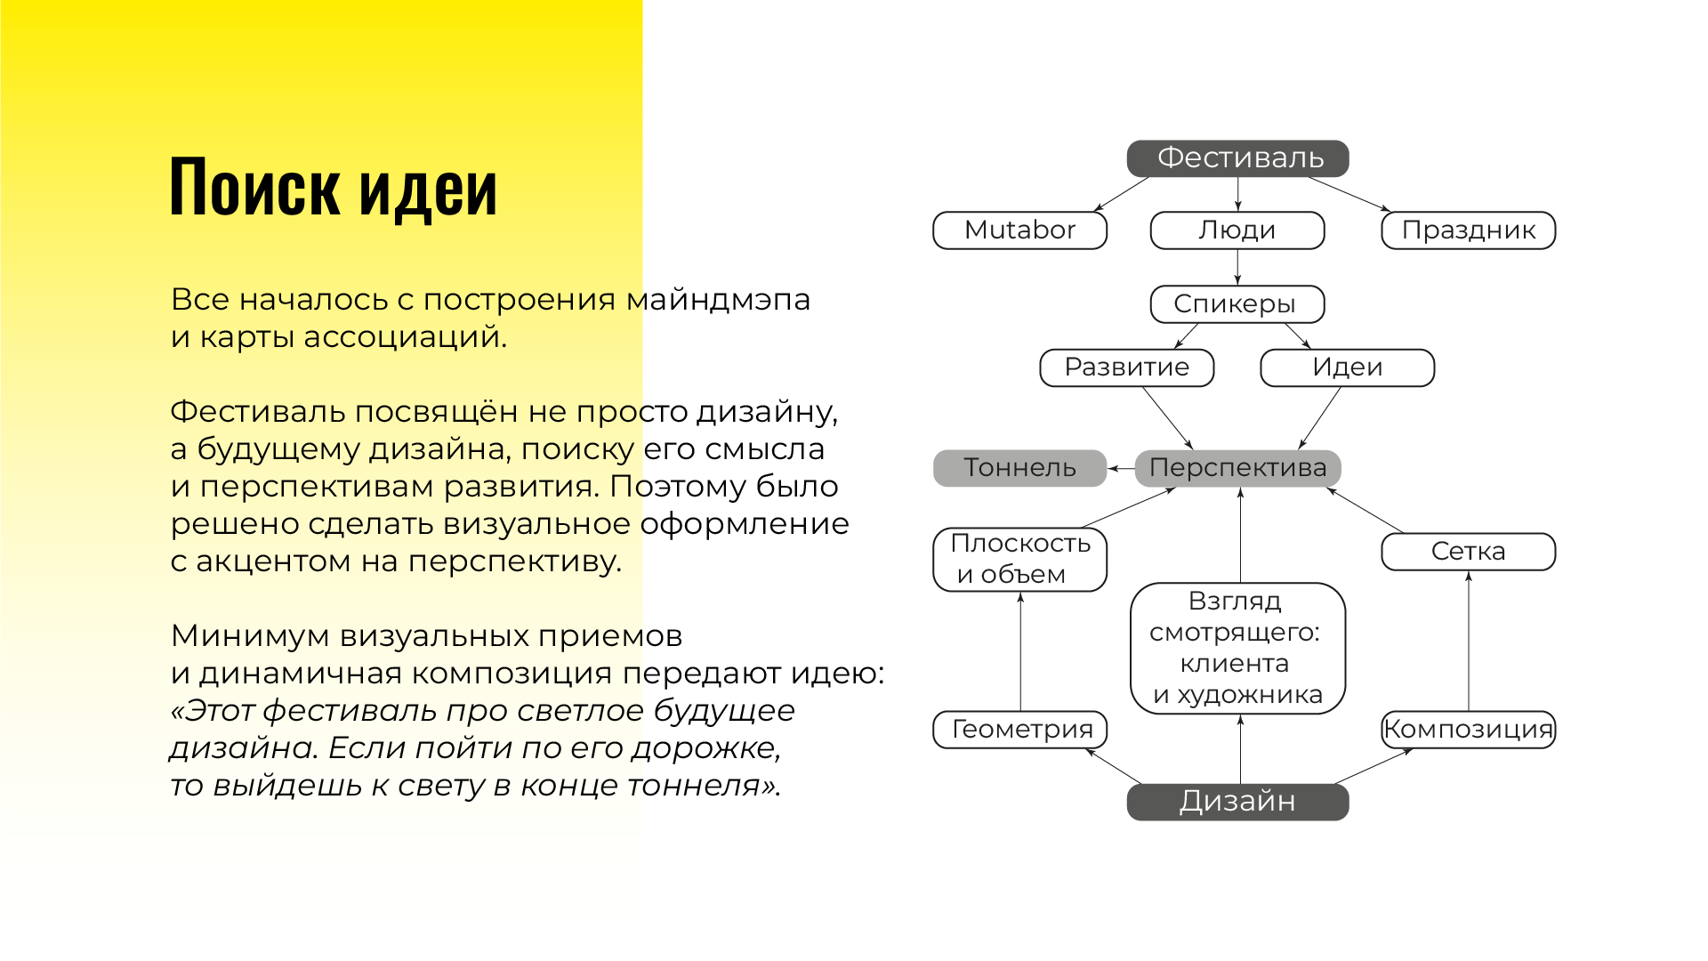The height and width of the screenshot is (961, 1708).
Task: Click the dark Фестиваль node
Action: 1237,158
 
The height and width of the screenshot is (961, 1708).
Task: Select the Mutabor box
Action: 1019,230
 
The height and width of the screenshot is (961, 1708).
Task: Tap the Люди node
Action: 1237,230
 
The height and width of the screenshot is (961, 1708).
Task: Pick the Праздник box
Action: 1468,230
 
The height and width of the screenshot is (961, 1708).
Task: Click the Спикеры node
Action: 1237,304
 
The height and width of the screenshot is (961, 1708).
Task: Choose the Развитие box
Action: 1126,367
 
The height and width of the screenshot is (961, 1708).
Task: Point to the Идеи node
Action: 1347,367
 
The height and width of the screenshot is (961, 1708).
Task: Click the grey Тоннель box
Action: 1019,468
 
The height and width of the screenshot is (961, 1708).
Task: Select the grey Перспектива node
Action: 1237,468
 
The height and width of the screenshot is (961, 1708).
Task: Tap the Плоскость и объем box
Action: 1019,559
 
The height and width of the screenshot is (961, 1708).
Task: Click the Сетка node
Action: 1468,552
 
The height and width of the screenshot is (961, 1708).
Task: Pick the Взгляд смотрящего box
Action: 1237,648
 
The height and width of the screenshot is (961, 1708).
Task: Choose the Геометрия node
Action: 1019,730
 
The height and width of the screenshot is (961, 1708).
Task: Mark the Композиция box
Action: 1468,730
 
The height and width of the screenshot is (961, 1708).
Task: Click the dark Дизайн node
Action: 1237,802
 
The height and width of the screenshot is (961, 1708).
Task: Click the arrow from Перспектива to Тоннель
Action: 1121,468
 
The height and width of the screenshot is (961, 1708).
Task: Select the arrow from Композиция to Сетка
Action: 1468,641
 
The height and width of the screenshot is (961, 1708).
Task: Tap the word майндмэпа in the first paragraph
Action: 718,300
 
